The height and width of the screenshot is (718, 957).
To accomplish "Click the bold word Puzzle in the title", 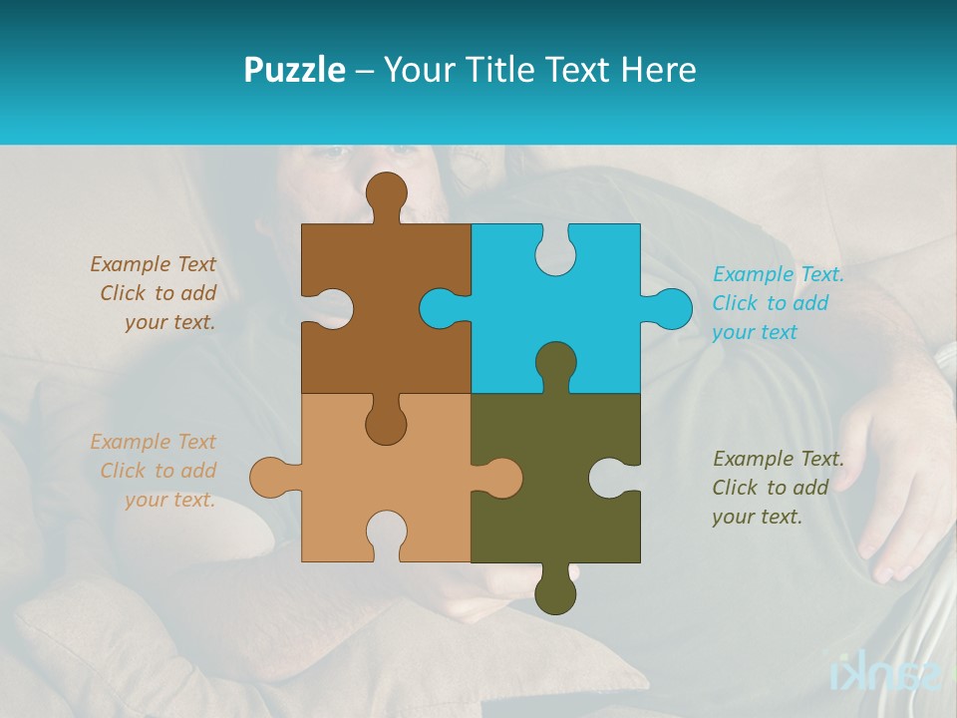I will pos(294,70).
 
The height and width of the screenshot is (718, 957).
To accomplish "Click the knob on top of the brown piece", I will pos(386,192).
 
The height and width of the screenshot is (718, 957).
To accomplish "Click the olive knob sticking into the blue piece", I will pos(555,363).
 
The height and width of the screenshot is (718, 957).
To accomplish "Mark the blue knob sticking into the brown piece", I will pos(439,308).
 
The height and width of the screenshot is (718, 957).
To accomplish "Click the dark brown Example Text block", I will pos(155,293).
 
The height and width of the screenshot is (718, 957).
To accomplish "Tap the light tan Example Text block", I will pos(155,471).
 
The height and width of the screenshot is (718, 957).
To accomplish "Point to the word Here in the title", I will pos(658,70).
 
